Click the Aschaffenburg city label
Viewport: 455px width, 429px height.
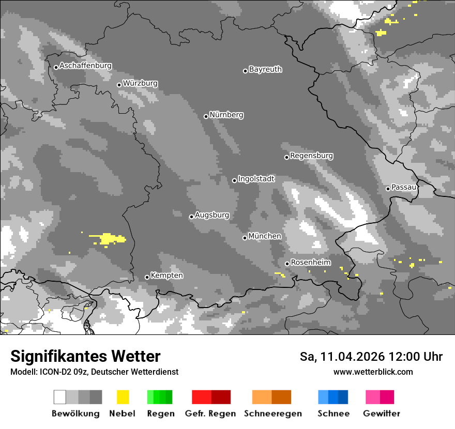tap(85, 66)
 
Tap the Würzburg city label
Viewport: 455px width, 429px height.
tap(140, 83)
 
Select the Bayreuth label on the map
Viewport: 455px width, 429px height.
tap(265, 69)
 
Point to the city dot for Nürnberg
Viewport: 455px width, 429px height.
tap(206, 116)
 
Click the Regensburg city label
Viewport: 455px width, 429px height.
tap(311, 156)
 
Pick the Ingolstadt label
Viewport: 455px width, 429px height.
tap(256, 179)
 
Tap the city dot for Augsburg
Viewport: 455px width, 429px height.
tap(191, 217)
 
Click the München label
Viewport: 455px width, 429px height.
tap(265, 236)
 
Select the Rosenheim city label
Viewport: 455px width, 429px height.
tap(310, 263)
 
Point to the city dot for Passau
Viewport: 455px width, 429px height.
tap(388, 189)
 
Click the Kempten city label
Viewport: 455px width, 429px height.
tap(166, 275)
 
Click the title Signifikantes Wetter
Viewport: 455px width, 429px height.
tap(85, 356)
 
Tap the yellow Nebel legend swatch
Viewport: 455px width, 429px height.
tap(123, 397)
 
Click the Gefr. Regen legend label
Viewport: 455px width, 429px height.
tap(210, 413)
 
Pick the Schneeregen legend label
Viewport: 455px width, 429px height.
tap(273, 413)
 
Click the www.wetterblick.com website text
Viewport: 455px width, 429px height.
tap(373, 372)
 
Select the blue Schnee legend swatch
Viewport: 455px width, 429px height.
tap(332, 397)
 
